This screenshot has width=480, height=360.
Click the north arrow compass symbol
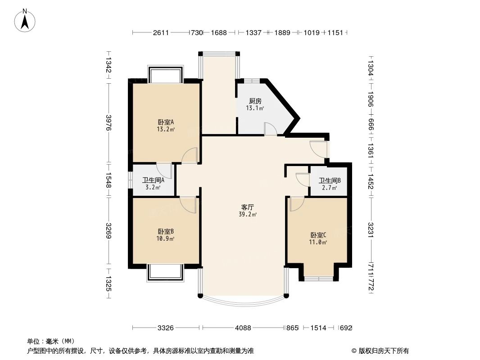tap(25, 20)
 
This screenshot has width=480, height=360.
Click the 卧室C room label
tap(318, 235)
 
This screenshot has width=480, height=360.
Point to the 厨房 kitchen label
tap(254, 101)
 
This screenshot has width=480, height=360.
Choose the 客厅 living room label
tap(248, 207)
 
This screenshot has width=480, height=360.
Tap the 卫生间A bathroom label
tap(153, 180)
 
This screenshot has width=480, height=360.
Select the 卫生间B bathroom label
tap(330, 181)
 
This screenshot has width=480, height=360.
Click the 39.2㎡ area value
tap(248, 215)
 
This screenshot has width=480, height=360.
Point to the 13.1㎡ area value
tap(254, 108)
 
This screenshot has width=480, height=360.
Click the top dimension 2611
tap(161, 32)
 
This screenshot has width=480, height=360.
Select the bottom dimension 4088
tap(243, 328)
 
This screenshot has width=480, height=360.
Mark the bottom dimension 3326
tap(166, 328)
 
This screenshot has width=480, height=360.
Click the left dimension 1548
tap(109, 180)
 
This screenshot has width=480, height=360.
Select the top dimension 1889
tap(282, 32)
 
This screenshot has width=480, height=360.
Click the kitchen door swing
tap(271, 129)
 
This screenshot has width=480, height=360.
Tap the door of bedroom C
tap(297, 204)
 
